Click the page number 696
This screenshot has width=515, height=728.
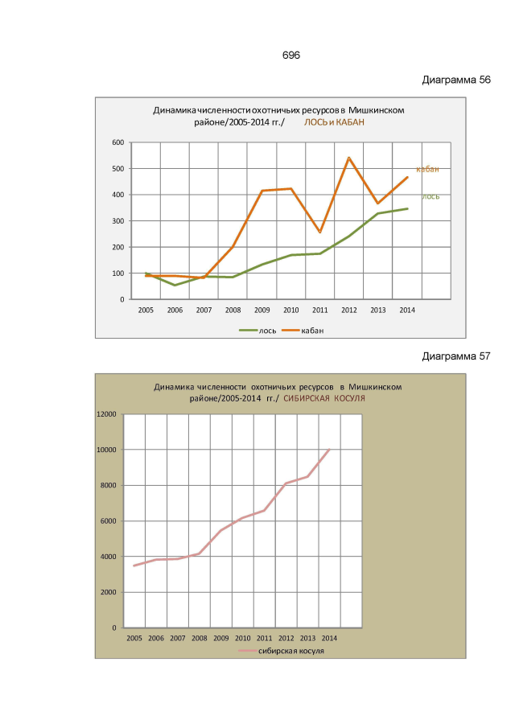pos(290,55)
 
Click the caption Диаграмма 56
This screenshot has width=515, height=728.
pos(456,80)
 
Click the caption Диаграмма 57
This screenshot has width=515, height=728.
pos(456,356)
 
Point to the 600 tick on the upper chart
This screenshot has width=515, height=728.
pos(117,142)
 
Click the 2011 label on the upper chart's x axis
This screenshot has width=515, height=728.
pos(320,310)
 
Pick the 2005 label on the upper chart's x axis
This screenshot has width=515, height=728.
pos(146,310)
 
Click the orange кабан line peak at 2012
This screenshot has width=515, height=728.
pos(349,158)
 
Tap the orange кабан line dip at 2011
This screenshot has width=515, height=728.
pos(320,232)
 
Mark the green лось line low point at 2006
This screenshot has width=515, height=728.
pos(175,285)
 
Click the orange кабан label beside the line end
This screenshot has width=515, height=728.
pos(427,170)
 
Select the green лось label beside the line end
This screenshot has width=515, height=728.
pos(431,196)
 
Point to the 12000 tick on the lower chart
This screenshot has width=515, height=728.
pos(106,414)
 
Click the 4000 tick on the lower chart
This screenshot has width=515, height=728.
pos(109,557)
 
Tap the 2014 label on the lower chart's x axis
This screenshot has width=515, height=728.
pos(329,638)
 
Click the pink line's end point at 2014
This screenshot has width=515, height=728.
pos(329,450)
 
